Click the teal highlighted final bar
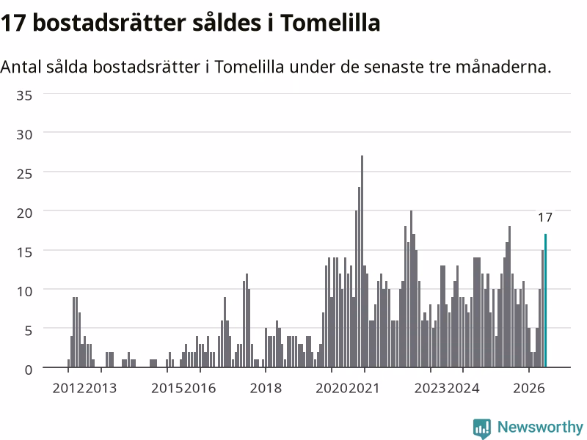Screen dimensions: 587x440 pyautogui.click(x=545, y=301)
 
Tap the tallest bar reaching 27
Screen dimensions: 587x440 pyautogui.click(x=362, y=262)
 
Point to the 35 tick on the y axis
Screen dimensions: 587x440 pyautogui.click(x=24, y=95)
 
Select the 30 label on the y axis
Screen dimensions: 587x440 pyautogui.click(x=24, y=135)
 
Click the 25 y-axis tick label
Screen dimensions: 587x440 pyautogui.click(x=24, y=174)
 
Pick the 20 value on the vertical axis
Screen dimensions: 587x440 pyautogui.click(x=24, y=213)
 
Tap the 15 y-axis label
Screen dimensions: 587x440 pyautogui.click(x=24, y=252)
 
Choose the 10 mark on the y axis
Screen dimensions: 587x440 pyautogui.click(x=24, y=291)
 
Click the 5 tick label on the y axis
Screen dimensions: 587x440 pyautogui.click(x=29, y=331)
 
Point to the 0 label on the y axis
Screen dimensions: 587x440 pyautogui.click(x=29, y=370)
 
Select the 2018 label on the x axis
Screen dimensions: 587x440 pyautogui.click(x=266, y=388)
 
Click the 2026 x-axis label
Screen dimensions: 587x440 pyautogui.click(x=528, y=388)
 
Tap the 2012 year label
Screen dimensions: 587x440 pyautogui.click(x=68, y=388)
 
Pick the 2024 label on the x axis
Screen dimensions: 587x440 pyautogui.click(x=464, y=388)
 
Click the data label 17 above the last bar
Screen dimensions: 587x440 pyautogui.click(x=545, y=217)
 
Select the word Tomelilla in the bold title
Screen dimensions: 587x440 pyautogui.click(x=330, y=23)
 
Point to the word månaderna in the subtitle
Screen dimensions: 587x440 pyautogui.click(x=503, y=67)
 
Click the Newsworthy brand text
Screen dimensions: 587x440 pyautogui.click(x=540, y=427)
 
